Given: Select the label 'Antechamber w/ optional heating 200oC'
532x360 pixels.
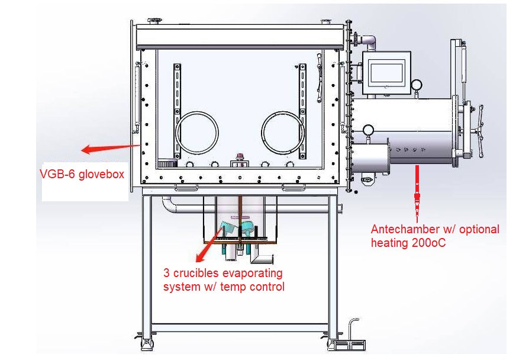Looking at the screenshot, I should (x=434, y=235).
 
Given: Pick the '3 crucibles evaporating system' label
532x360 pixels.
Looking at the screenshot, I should (x=224, y=280).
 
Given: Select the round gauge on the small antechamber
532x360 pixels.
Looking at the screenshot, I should (x=368, y=130).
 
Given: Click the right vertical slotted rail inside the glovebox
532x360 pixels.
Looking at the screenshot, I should (x=302, y=110).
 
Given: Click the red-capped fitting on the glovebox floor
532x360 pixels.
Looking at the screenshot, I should (x=240, y=157).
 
